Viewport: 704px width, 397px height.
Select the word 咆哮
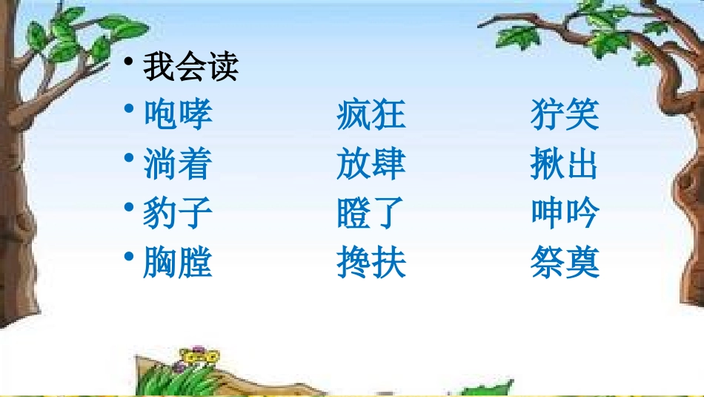[x=178, y=115]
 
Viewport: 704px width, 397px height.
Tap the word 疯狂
[x=371, y=115]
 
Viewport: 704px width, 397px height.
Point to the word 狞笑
[x=565, y=115]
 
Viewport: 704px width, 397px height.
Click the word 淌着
[x=178, y=164]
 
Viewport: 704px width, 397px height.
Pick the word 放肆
[x=371, y=164]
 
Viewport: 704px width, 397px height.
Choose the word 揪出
[x=565, y=164]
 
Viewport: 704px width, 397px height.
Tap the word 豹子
[x=178, y=213]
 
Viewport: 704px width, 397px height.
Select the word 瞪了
[x=371, y=213]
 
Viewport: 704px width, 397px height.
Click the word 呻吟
[x=565, y=213]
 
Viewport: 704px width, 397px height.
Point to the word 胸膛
[x=178, y=262]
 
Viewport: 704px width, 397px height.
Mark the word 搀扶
[x=371, y=262]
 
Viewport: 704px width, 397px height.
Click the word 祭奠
[x=565, y=262]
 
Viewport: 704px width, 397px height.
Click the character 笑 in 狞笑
[x=582, y=115]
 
